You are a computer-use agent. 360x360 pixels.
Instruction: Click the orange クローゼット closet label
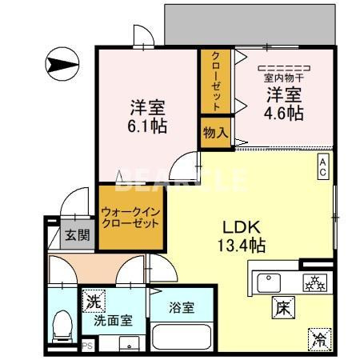pyautogui.click(x=216, y=81)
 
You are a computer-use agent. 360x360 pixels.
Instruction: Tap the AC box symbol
pyautogui.click(x=322, y=164)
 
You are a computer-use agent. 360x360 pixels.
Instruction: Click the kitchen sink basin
pyautogui.click(x=270, y=282)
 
